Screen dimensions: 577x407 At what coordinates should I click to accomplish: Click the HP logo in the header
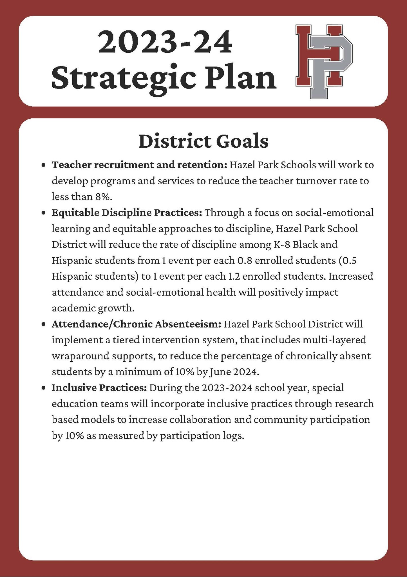[x=324, y=61]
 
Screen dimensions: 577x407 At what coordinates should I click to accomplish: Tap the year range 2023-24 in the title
[x=165, y=43]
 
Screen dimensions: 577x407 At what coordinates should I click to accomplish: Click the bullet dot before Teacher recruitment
[x=43, y=165]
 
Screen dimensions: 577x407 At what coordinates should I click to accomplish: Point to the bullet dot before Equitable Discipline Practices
[x=43, y=213]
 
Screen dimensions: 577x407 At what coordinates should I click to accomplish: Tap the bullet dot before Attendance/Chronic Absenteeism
[x=43, y=325]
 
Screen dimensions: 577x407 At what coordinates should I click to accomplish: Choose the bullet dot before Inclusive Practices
[x=43, y=388]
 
